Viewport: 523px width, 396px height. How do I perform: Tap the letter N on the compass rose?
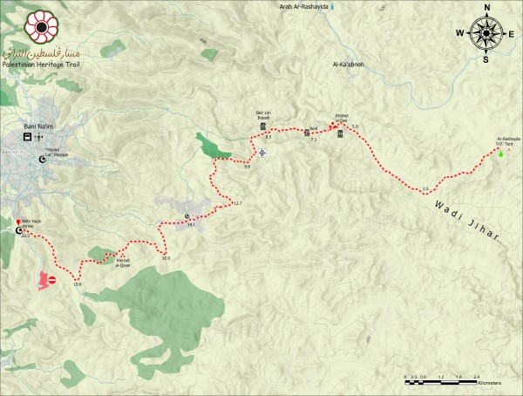click(484, 8)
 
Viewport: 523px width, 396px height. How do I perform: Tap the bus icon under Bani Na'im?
click(29, 137)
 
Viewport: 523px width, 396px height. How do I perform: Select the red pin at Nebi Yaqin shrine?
click(18, 223)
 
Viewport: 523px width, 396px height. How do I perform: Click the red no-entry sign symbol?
click(51, 280)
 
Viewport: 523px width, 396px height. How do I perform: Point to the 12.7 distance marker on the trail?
click(236, 204)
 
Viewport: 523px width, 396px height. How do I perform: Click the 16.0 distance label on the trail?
click(165, 256)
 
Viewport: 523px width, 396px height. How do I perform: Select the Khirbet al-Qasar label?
click(127, 261)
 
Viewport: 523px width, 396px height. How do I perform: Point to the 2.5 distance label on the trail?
click(425, 189)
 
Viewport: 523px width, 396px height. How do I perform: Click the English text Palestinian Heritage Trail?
click(41, 65)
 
